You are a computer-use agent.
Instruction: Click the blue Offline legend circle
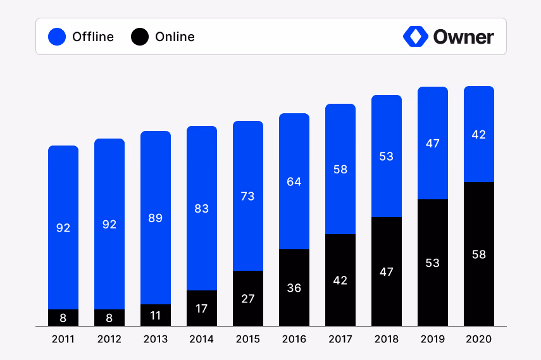tap(57, 37)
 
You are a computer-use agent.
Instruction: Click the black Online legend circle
tap(140, 37)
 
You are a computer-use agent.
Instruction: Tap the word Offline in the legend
tap(93, 37)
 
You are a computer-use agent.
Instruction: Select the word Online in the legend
tap(175, 37)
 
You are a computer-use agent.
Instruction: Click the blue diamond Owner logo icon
tap(415, 37)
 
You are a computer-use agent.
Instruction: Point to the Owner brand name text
tap(463, 37)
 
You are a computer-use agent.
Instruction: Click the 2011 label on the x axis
tap(63, 339)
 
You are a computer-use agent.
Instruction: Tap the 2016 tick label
tap(294, 339)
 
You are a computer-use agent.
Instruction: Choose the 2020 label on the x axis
tap(479, 339)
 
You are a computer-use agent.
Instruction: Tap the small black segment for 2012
tap(109, 318)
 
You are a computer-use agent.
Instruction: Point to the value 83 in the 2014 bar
tap(202, 208)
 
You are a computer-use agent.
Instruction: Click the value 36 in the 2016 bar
tap(294, 288)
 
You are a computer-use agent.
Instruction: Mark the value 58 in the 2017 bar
tap(340, 169)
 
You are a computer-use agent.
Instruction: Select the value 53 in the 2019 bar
tap(433, 263)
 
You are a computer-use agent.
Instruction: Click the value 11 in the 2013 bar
tap(156, 316)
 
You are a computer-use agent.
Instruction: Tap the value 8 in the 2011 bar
tap(63, 318)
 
